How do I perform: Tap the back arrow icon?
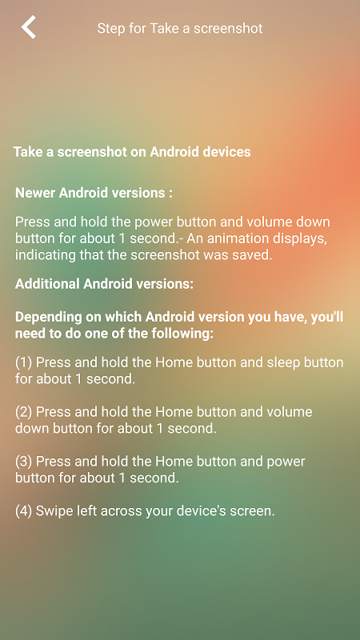coord(29,27)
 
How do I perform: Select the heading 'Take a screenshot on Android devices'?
coord(132,152)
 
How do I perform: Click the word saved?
coord(254,255)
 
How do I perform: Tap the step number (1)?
coord(24,362)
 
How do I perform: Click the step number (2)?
coord(24,412)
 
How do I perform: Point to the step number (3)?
coord(24,462)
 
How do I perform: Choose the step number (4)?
coord(24,511)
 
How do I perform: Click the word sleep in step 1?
coord(283,362)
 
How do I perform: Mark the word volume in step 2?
coord(289,412)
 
